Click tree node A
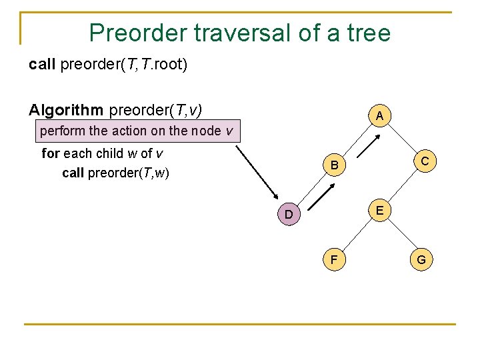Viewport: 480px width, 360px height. click(x=379, y=115)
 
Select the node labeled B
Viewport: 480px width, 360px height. click(x=335, y=165)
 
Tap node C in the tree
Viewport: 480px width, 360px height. click(x=424, y=161)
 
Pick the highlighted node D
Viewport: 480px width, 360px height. click(x=288, y=215)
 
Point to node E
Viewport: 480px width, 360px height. click(x=379, y=210)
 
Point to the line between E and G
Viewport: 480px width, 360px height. click(x=401, y=235)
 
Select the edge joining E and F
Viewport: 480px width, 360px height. click(x=355, y=235)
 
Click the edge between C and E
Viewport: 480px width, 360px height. click(x=401, y=186)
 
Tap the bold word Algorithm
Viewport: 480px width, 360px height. click(x=65, y=109)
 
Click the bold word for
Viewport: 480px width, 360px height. click(x=51, y=153)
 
